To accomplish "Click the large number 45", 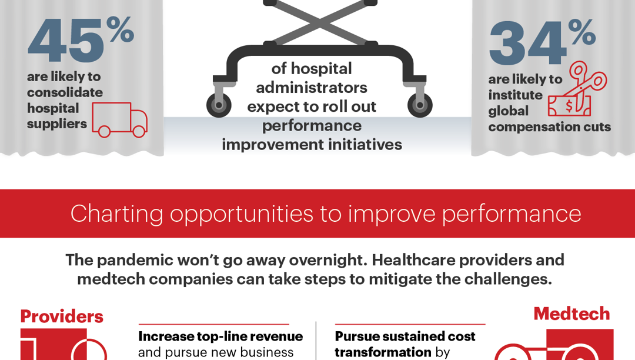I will (x=66, y=41).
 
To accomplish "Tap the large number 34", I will (x=527, y=45).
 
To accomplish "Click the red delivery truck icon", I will (x=119, y=120).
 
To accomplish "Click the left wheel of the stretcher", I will (x=219, y=105).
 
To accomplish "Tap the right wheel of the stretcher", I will (x=420, y=105).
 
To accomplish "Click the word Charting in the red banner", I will (x=116, y=214).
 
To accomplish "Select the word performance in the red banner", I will (x=511, y=214).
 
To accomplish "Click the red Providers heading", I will (x=62, y=316).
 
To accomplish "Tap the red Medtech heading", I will (x=571, y=314).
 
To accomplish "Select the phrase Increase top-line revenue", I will (x=220, y=336).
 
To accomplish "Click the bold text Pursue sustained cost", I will (x=405, y=336).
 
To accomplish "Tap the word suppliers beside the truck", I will (x=57, y=124).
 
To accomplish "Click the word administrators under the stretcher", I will (x=312, y=88).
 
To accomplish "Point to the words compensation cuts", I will (x=550, y=127).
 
